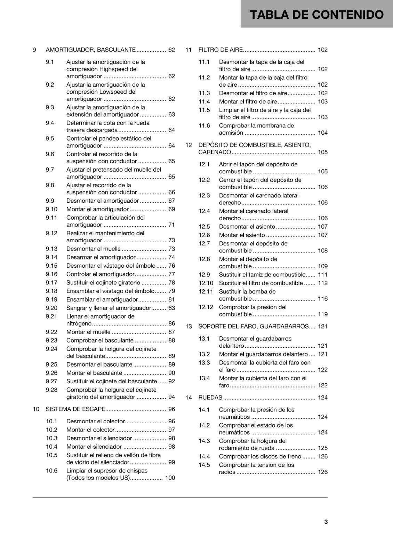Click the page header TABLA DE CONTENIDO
click(316, 15)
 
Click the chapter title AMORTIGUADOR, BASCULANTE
click(90, 50)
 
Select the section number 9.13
click(51, 249)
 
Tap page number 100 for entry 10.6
click(170, 478)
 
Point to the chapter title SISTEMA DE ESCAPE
click(75, 409)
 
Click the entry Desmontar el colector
click(95, 421)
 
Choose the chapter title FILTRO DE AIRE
click(220, 50)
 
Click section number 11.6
click(204, 126)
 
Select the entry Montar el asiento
click(242, 235)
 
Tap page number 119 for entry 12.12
click(323, 314)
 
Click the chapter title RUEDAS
click(210, 398)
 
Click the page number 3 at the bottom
click(326, 522)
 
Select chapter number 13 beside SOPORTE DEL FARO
click(189, 327)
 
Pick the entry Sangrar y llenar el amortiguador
click(109, 308)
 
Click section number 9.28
click(51, 390)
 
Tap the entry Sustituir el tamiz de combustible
click(262, 275)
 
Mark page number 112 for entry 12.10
click(323, 283)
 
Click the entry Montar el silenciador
click(94, 447)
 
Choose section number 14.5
click(204, 465)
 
